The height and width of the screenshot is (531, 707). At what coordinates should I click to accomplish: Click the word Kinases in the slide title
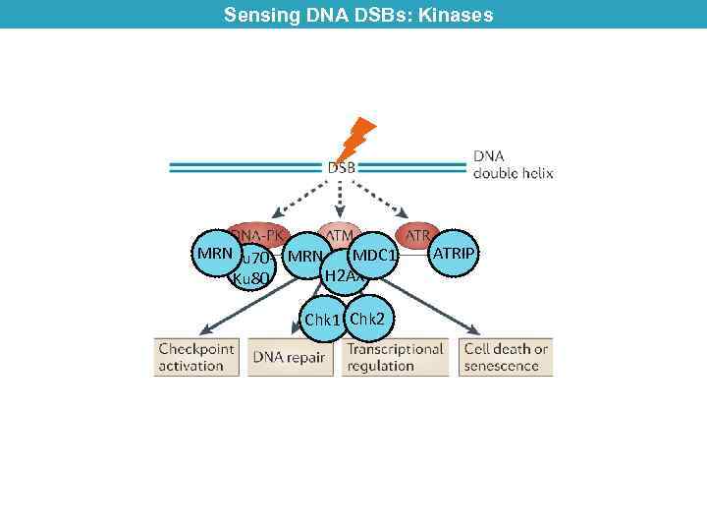[x=458, y=15]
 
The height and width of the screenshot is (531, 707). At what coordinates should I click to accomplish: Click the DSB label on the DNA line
[x=342, y=168]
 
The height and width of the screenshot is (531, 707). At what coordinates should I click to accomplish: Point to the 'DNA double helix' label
[x=513, y=164]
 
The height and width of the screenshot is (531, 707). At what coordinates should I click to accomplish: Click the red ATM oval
[x=341, y=236]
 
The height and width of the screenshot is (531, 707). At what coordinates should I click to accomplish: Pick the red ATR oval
[x=417, y=236]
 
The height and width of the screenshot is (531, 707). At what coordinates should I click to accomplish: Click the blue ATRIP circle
[x=454, y=254]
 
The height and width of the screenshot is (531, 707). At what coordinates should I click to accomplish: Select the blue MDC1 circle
[x=374, y=257]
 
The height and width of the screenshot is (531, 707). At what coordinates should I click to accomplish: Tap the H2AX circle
[x=345, y=276]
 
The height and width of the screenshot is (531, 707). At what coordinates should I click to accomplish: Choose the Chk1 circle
[x=322, y=320]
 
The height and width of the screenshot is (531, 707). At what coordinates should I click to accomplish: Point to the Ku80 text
[x=249, y=279]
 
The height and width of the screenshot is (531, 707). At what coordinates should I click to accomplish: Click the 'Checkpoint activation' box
[x=196, y=357]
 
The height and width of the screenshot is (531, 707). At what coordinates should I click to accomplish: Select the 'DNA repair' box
[x=289, y=358]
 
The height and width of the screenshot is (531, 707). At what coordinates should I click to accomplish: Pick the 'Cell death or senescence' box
[x=506, y=357]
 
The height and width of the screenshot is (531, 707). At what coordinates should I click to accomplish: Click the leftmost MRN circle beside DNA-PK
[x=215, y=254]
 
